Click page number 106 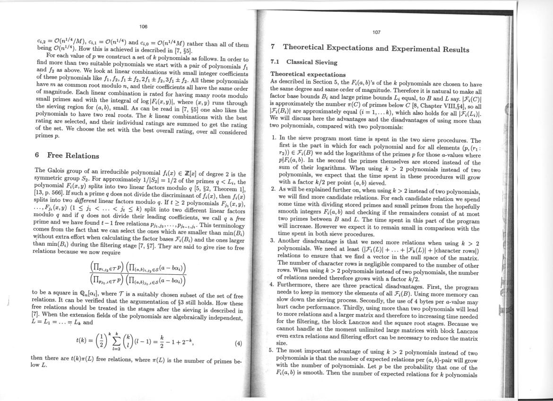pyautogui.click(x=144, y=26)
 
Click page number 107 pyautogui.click(x=376, y=32)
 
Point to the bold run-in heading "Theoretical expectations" pyautogui.click(x=307, y=74)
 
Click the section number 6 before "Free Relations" pyautogui.click(x=37, y=156)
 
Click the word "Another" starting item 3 pyautogui.click(x=292, y=240)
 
